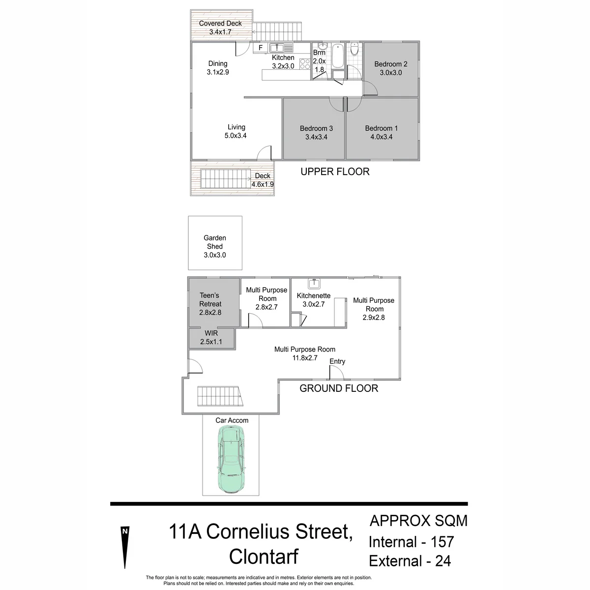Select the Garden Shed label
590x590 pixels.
point(215,242)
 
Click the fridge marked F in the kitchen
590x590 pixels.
point(261,48)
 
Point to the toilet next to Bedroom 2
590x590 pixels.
point(354,49)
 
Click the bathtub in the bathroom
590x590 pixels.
point(338,56)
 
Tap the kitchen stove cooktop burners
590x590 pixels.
point(305,64)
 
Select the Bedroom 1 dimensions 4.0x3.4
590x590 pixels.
point(382,137)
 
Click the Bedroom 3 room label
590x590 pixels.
point(316,128)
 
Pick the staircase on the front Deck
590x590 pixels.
point(225,179)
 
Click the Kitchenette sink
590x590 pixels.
point(314,284)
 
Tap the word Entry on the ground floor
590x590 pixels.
point(337,361)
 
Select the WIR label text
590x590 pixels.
point(211,333)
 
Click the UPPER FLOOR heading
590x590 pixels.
point(335,172)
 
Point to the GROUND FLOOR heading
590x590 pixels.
point(339,388)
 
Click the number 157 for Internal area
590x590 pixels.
point(442,542)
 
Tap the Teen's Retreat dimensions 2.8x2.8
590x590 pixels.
point(210,313)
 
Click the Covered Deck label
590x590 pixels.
point(220,23)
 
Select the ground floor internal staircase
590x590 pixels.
point(220,396)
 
